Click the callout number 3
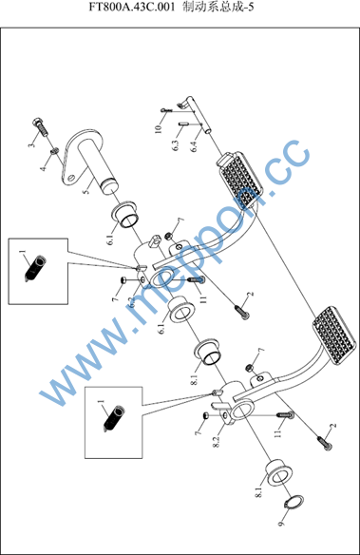tap(32, 144)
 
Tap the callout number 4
tap(43, 167)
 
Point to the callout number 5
tap(85, 190)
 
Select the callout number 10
tap(158, 127)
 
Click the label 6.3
tap(176, 145)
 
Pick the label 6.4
tap(194, 145)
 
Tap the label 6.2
tap(131, 301)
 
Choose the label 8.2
tap(217, 441)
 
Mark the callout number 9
tap(281, 523)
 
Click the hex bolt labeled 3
tap(42, 126)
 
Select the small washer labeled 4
tap(54, 151)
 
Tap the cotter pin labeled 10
tap(166, 110)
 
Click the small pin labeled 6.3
tap(183, 124)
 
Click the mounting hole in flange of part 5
tap(73, 177)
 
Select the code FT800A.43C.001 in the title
tap(132, 7)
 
